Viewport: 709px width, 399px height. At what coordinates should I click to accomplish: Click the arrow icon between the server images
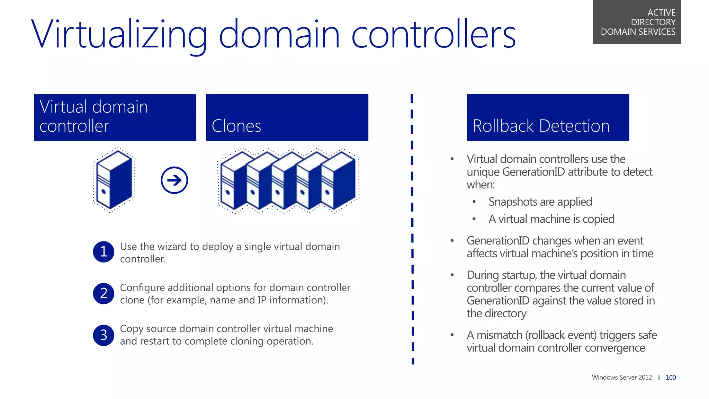tap(174, 180)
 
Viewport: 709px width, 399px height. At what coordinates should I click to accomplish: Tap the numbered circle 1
tap(104, 252)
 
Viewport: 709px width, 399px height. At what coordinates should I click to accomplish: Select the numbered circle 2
tap(104, 293)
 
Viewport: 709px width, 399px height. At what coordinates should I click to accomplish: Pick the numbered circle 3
tap(104, 335)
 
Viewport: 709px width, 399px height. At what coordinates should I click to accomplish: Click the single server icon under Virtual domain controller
tap(114, 180)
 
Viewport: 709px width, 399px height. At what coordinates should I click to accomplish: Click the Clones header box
tap(287, 117)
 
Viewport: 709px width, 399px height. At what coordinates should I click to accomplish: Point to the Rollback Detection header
tap(548, 117)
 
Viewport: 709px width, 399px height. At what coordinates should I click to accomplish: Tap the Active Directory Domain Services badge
tap(637, 22)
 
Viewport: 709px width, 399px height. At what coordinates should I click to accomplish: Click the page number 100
tap(671, 378)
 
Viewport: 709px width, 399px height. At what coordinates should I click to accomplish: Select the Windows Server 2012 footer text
tap(622, 377)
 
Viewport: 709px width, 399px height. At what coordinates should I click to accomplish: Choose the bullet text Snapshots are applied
tap(540, 202)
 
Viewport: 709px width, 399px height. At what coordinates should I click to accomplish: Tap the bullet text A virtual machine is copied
tap(551, 219)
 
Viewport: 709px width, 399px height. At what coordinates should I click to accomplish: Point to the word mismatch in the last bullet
tap(499, 335)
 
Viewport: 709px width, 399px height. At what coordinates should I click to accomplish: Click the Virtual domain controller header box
tap(115, 117)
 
